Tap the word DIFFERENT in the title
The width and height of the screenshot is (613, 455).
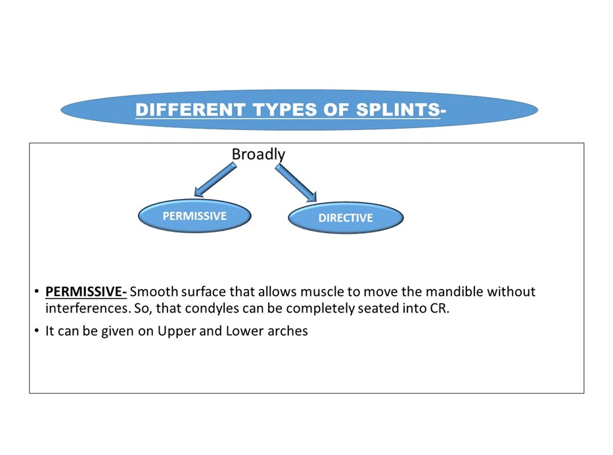[191, 110]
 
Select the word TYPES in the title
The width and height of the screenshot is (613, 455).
[284, 110]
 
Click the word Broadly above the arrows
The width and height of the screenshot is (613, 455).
[258, 154]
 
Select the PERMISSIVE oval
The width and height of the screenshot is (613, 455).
[194, 216]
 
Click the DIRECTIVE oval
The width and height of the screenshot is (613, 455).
[346, 217]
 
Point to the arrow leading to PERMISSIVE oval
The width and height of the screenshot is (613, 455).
[215, 180]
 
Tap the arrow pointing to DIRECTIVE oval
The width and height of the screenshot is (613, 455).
[296, 183]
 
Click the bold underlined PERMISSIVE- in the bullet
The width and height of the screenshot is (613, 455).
[86, 292]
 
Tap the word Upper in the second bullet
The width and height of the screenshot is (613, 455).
[177, 331]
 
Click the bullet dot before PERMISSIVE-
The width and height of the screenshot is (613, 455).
[37, 292]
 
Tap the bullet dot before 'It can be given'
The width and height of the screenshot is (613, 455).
[37, 331]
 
